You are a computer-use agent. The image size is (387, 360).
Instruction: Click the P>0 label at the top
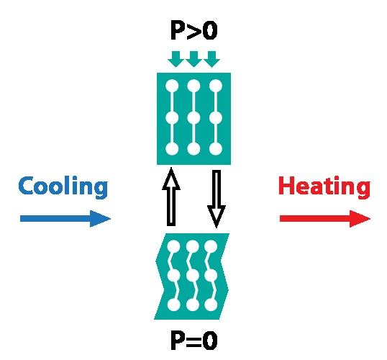(194, 30)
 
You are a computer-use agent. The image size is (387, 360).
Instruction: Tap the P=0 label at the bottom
(194, 341)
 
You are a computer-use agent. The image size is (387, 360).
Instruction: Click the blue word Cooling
(63, 187)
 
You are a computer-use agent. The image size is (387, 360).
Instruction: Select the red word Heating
(324, 187)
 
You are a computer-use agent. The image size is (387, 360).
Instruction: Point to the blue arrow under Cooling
(65, 219)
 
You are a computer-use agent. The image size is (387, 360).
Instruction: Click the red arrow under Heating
(325, 219)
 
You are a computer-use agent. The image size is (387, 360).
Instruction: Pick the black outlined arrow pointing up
(171, 197)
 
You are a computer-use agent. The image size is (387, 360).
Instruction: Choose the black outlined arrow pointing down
(217, 199)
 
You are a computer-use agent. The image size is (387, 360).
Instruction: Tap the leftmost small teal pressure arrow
(176, 59)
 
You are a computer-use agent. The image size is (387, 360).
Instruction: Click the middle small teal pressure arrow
(193, 59)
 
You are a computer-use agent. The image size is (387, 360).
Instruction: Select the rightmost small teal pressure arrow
(211, 59)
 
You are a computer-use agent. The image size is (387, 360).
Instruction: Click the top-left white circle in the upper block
(172, 86)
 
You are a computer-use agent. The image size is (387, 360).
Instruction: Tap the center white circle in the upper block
(193, 118)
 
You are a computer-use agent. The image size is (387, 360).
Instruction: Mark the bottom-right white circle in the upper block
(216, 149)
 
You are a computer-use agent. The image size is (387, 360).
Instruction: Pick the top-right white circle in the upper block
(216, 86)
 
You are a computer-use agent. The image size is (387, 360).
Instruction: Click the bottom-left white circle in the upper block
(172, 149)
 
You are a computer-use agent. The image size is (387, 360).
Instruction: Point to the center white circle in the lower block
(193, 276)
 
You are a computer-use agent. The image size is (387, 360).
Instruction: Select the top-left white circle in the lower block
(174, 246)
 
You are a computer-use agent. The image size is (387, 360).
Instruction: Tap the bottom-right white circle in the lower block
(211, 305)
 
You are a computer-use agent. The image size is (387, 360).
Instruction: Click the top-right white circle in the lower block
(211, 246)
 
